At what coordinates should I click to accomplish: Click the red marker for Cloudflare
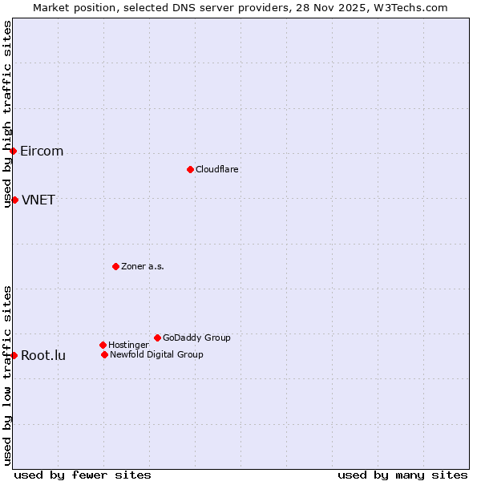pyautogui.click(x=190, y=169)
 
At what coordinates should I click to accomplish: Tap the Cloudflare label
pyautogui.click(x=216, y=169)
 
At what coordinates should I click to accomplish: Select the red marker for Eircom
pyautogui.click(x=13, y=151)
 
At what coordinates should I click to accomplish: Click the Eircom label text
pyautogui.click(x=42, y=152)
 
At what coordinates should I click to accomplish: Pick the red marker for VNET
pyautogui.click(x=14, y=200)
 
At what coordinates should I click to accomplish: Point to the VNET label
pyautogui.click(x=38, y=200)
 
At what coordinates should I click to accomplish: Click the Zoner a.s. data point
pyautogui.click(x=115, y=266)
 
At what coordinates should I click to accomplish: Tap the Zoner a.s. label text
pyautogui.click(x=143, y=266)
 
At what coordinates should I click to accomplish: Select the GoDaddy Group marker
pyautogui.click(x=157, y=338)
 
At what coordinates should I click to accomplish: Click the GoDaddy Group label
pyautogui.click(x=196, y=338)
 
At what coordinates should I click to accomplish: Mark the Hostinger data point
pyautogui.click(x=103, y=345)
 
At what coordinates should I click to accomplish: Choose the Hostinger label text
pyautogui.click(x=128, y=345)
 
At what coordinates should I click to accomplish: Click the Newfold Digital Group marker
pyautogui.click(x=104, y=354)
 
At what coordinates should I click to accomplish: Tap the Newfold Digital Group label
pyautogui.click(x=156, y=354)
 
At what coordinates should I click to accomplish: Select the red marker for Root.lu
pyautogui.click(x=14, y=355)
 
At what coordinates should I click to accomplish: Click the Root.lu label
pyautogui.click(x=43, y=356)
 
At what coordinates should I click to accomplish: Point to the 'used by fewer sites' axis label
pyautogui.click(x=83, y=475)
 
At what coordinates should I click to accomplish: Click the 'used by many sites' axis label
pyautogui.click(x=402, y=475)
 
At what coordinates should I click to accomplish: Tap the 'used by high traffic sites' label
pyautogui.click(x=7, y=114)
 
